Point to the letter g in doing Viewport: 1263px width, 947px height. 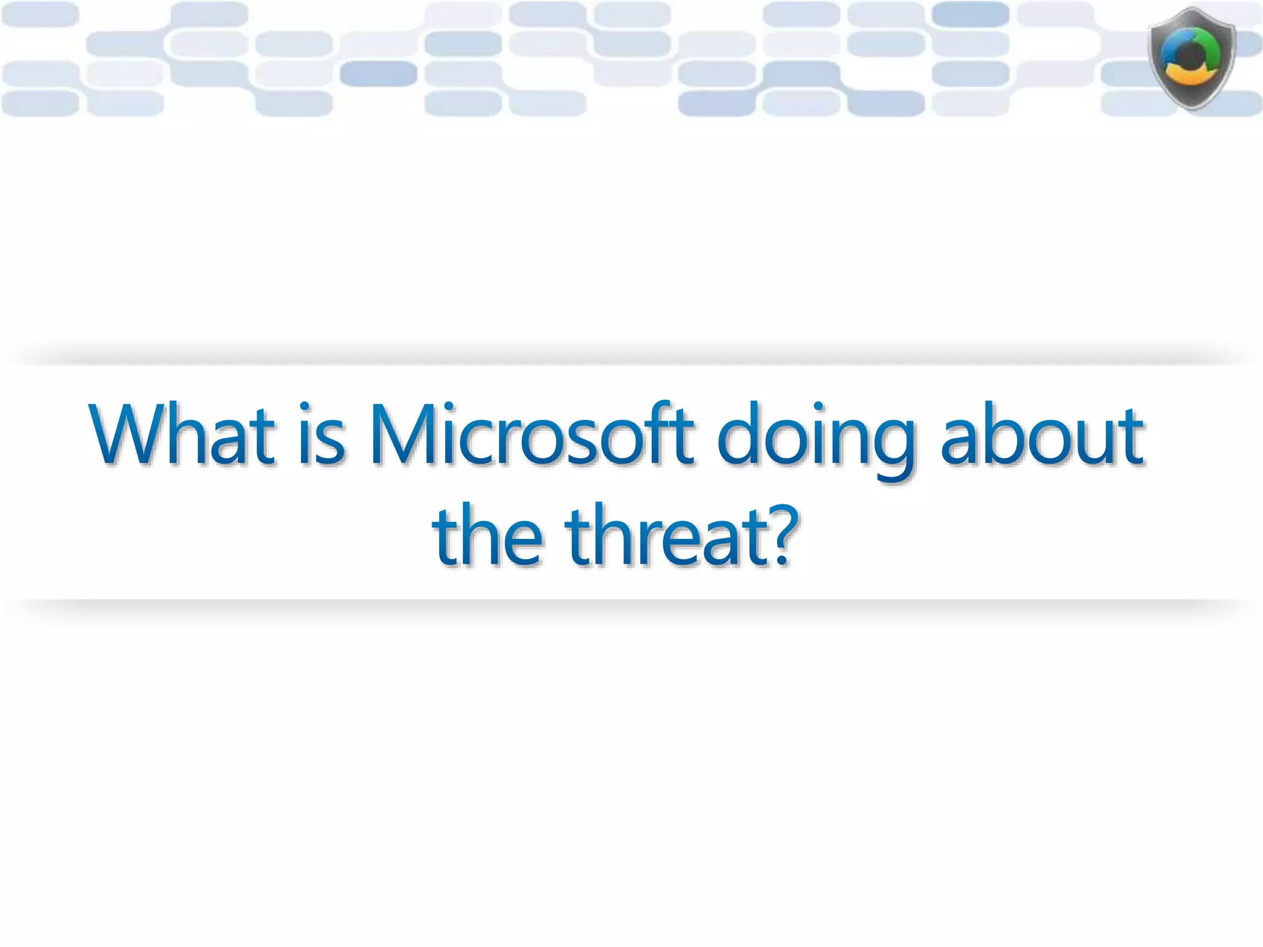tap(891, 447)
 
